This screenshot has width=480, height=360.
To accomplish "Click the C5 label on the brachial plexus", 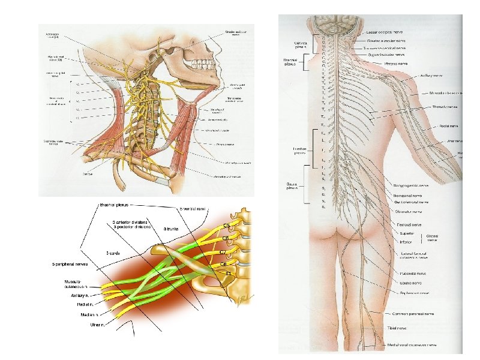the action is pos(228,226).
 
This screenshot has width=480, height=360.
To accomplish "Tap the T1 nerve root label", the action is pos(227,273).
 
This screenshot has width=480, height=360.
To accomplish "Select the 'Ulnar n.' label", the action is pos(94,325).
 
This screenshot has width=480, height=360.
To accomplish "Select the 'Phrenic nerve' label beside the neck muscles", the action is pos(222,145).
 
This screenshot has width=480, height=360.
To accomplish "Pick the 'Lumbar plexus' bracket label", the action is pos(292,151).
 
